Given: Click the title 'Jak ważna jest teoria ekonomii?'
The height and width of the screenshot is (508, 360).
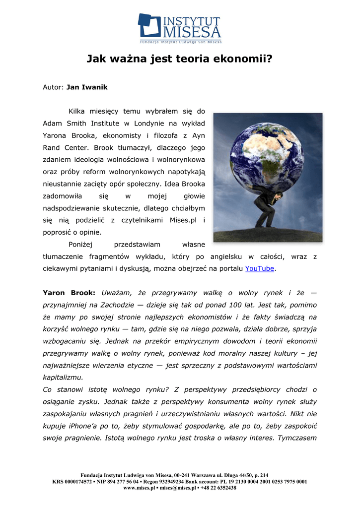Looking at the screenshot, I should click(x=180, y=60).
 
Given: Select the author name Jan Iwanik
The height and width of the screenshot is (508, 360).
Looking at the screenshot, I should click(x=87, y=87).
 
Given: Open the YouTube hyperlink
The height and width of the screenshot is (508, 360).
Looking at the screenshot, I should click(x=260, y=268).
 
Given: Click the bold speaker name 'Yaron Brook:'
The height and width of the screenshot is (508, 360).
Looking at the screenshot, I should click(x=69, y=293).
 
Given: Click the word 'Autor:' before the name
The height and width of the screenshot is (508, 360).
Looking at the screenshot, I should click(x=53, y=87).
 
